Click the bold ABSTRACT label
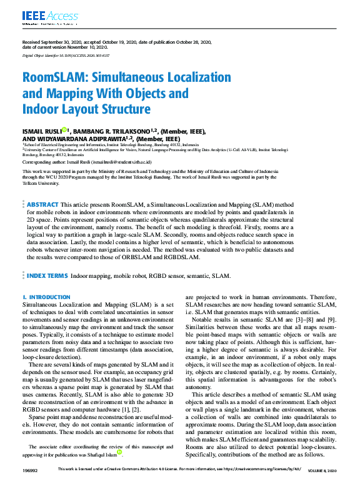click(x=42, y=204)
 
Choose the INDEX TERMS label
click(x=47, y=275)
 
